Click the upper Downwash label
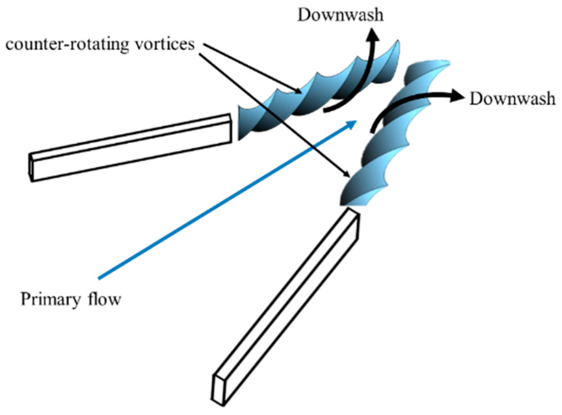tap(340, 15)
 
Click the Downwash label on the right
tap(512, 99)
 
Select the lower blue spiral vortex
tap(391, 140)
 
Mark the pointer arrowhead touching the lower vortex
tap(347, 175)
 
